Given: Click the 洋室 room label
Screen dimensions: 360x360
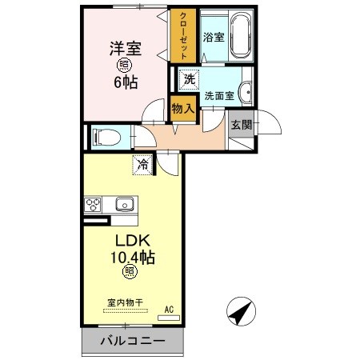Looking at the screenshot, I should click(125, 47).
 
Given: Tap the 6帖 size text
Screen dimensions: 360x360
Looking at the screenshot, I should click(125, 82).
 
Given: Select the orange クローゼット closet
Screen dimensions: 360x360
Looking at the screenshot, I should click(183, 37).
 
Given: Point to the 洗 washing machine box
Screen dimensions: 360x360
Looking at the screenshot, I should click(189, 79).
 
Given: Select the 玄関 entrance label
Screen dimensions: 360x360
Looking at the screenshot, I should click(240, 124).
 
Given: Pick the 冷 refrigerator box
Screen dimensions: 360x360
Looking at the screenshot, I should click(142, 166).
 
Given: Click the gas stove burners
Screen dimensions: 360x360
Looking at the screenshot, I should click(93, 204).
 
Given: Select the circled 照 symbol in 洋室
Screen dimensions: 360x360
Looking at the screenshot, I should click(125, 65).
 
